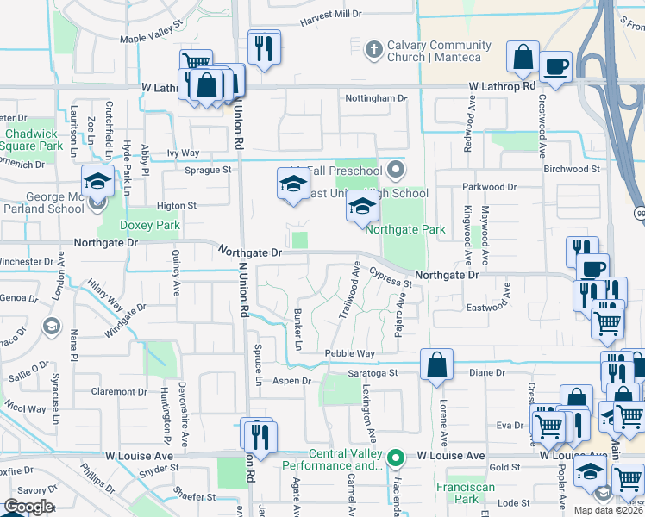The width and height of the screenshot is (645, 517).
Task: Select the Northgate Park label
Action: (x=405, y=229)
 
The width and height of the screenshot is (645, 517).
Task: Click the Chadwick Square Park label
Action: (x=33, y=140)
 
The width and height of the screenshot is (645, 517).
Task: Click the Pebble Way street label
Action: (x=349, y=353)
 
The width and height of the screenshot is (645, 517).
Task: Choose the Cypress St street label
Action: (x=391, y=277)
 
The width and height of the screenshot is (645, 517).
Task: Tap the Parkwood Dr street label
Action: (x=488, y=186)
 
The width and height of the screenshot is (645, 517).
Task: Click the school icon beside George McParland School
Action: (x=97, y=183)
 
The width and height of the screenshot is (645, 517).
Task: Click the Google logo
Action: (x=28, y=507)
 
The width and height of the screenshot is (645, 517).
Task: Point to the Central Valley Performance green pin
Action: (x=396, y=457)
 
